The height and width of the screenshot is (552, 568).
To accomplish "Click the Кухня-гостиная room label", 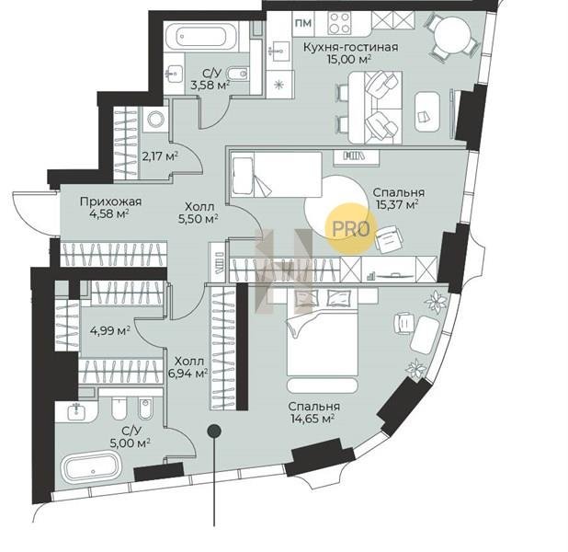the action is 350,47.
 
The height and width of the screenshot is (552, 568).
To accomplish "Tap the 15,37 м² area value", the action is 397,205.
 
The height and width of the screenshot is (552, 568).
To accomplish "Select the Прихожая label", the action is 110,201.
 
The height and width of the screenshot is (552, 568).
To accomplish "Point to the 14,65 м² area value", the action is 312,419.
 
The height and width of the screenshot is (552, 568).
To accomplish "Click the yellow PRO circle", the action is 351,228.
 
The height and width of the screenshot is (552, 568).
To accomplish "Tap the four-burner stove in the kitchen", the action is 340,22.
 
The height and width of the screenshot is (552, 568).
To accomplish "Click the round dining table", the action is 452,36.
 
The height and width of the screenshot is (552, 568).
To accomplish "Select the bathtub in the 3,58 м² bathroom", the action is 202,36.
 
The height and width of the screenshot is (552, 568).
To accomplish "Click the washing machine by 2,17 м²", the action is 155,119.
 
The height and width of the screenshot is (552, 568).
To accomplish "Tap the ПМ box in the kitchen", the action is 303,23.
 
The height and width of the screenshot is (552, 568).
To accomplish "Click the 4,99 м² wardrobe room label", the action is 110,331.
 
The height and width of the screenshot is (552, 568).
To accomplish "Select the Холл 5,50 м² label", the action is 198,213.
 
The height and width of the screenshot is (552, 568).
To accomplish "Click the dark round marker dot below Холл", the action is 214,431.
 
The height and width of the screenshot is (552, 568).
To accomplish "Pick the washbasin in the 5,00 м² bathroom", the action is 76,410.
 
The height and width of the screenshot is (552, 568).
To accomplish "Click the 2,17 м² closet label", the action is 159,156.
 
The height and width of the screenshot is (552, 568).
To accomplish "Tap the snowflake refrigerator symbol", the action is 278,85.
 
